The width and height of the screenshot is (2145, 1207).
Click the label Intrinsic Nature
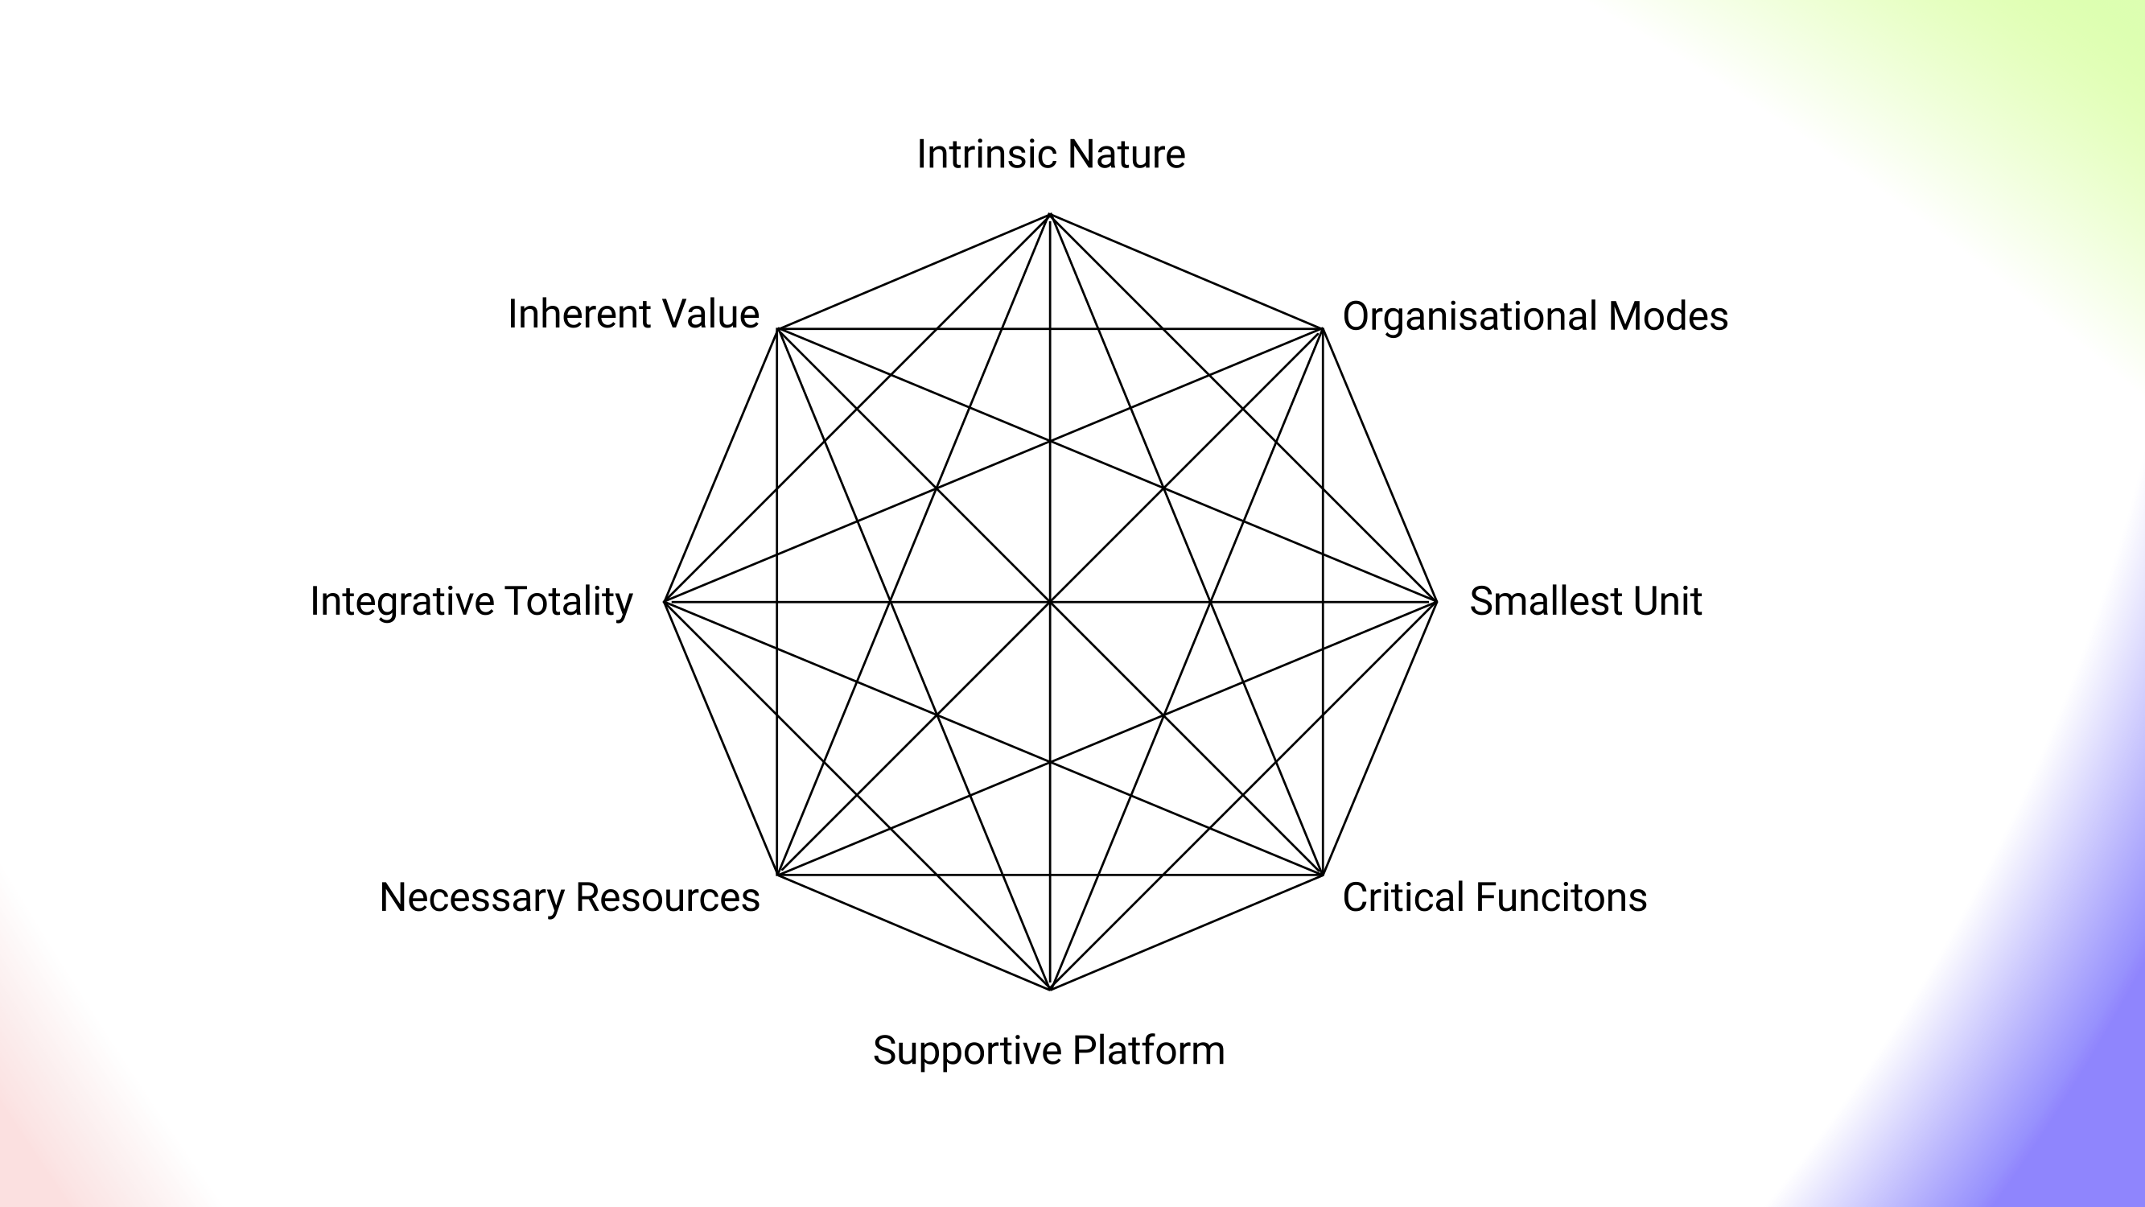1051,155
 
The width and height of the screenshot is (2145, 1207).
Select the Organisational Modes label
1534,317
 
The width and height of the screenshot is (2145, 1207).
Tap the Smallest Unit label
1584,601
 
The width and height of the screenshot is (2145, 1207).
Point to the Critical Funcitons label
1494,898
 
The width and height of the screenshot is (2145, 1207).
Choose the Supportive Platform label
1048,1050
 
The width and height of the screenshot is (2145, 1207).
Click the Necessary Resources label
570,898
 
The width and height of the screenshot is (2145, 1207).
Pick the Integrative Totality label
471,601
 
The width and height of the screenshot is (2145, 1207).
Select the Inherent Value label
633,315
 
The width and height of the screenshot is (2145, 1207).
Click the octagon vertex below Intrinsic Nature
1050,215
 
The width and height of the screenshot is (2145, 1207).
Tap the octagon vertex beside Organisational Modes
1322,329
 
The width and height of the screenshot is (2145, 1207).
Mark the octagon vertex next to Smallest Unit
1436,601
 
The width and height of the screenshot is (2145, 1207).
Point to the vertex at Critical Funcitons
1322,875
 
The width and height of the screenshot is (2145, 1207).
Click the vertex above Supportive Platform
1050,989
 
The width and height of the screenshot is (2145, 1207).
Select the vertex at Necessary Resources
777,875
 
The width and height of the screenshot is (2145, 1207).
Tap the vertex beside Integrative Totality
665,601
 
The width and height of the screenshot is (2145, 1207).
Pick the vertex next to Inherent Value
777,329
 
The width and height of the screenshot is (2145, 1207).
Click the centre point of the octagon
1050,601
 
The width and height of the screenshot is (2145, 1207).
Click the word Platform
1148,1050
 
